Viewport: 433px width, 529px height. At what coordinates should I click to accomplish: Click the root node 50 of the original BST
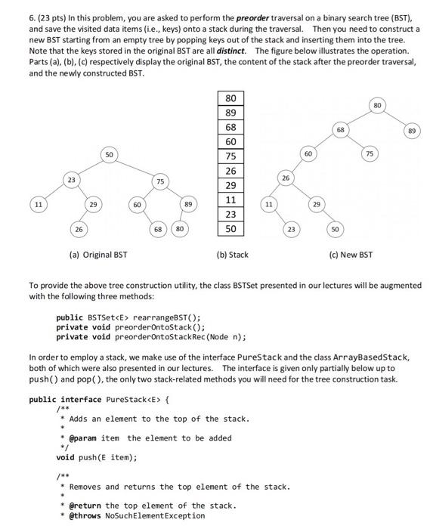tap(109, 154)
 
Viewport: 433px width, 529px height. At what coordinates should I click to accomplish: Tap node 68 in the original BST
tap(158, 228)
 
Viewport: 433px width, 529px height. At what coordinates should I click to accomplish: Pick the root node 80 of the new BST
tap(376, 104)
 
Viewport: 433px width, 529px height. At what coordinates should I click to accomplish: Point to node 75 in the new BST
tap(368, 154)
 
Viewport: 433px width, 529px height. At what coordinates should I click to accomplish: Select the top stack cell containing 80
tap(230, 98)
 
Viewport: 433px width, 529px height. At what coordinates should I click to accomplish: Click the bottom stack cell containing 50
tap(230, 228)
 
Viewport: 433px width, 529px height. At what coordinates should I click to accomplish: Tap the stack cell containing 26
tap(230, 171)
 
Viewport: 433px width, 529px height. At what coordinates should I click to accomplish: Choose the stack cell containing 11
tap(230, 200)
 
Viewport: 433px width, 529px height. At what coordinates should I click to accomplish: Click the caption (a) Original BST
tap(97, 255)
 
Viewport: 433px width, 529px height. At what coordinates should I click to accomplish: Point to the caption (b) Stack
tap(232, 255)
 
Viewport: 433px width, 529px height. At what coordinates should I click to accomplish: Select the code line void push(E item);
tap(96, 457)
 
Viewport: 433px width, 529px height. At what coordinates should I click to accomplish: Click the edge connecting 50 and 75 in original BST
tap(136, 168)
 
